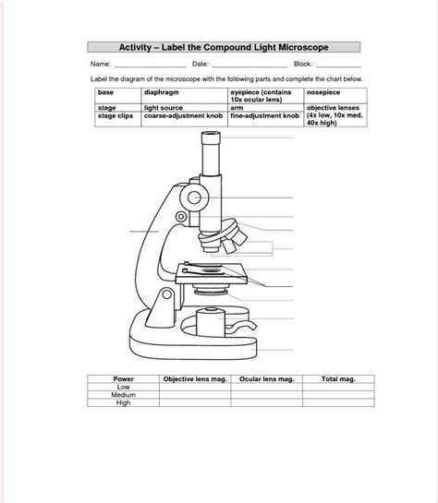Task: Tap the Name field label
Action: point(101,65)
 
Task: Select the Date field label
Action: point(201,65)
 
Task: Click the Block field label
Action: point(303,65)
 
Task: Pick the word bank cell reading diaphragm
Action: point(162,93)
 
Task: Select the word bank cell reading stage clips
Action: point(115,117)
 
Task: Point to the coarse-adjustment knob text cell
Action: point(184,117)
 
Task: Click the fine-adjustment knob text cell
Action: point(264,117)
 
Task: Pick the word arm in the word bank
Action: point(237,108)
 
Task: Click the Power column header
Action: point(123,379)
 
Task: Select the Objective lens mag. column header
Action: point(194,379)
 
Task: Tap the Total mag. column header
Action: point(337,379)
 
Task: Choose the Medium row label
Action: point(123,394)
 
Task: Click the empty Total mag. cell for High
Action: point(337,402)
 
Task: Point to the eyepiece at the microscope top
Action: point(212,145)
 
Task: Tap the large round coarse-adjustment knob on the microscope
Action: point(194,198)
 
